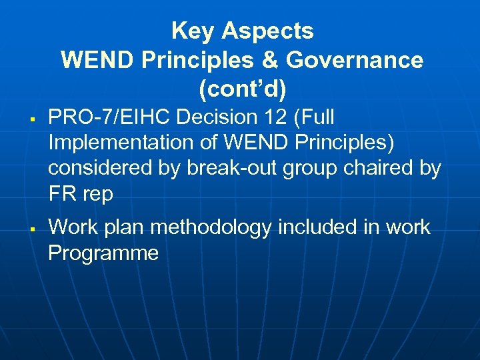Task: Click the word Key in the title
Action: pyautogui.click(x=193, y=31)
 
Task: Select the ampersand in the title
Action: pyautogui.click(x=269, y=60)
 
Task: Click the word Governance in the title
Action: pyautogui.click(x=355, y=60)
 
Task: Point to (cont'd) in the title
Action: pyautogui.click(x=242, y=89)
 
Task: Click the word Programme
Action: pyautogui.click(x=103, y=254)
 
